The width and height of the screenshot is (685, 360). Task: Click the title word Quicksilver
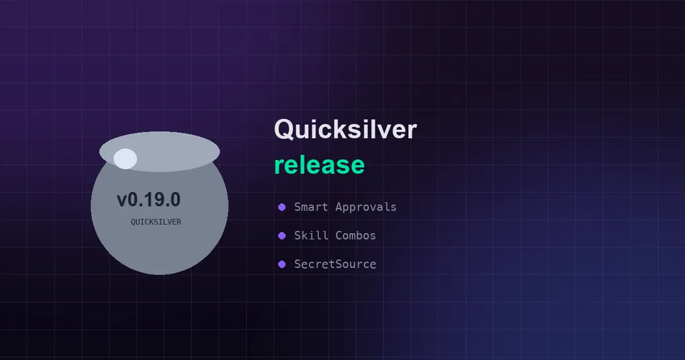coord(345,130)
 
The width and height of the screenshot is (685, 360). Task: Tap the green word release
coord(320,165)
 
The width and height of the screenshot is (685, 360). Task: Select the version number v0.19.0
coord(148,199)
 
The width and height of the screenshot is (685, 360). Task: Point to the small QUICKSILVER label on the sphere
coord(156,222)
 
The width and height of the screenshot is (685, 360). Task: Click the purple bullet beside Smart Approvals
coord(282,207)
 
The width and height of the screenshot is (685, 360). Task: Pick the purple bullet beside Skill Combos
coord(282,236)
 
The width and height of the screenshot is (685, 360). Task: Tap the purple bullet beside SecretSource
coord(282,264)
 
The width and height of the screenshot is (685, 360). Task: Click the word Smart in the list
coord(311,207)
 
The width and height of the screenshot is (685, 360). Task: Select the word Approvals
coord(365,207)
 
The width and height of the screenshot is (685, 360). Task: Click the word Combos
coord(356,235)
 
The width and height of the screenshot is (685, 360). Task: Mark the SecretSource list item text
coord(335,264)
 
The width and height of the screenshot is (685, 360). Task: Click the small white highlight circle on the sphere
coord(126,159)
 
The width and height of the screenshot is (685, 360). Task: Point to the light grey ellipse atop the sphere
coord(159,152)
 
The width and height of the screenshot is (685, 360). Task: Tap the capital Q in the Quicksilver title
coord(284,130)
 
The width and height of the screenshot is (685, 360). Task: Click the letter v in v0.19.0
coord(122,201)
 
